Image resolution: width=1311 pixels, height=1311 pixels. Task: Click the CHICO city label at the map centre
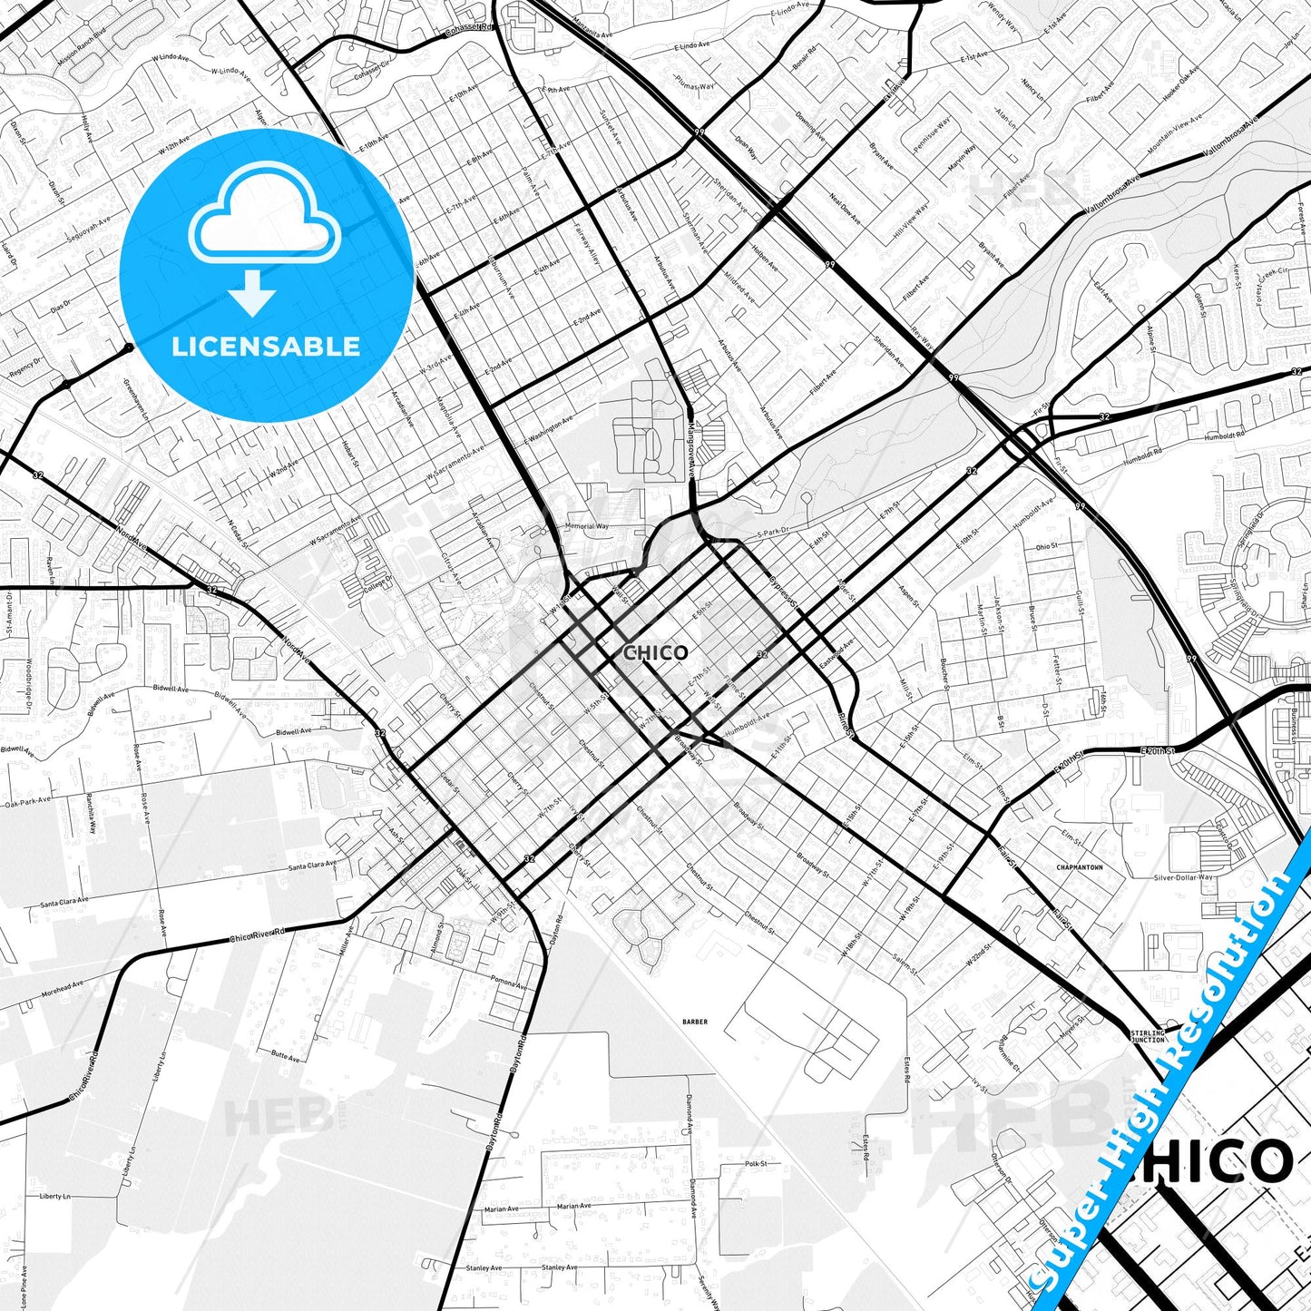tap(656, 652)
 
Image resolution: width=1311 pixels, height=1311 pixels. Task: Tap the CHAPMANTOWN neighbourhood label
tap(1080, 867)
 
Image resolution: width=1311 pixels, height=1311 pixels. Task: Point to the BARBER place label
tap(695, 1022)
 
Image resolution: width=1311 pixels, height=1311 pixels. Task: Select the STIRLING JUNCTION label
tap(1148, 1036)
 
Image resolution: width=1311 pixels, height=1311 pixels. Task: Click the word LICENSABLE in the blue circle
tap(266, 346)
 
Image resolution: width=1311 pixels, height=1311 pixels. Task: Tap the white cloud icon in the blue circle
tap(264, 215)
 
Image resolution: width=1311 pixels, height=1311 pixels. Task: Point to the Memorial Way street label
tap(587, 526)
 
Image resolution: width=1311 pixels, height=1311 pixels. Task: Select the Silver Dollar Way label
tap(1183, 877)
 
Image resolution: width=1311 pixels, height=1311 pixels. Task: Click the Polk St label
tap(756, 1163)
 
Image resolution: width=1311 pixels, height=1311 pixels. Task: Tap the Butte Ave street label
tap(285, 1056)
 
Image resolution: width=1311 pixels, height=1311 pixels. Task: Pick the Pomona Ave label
tap(509, 983)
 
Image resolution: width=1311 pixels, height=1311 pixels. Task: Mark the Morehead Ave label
tap(63, 989)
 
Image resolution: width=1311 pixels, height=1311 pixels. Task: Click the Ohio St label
tap(1046, 547)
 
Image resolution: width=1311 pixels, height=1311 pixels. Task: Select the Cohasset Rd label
tap(468, 29)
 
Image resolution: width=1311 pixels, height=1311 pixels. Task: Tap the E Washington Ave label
tap(551, 429)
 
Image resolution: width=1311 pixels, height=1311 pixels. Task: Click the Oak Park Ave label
tap(28, 802)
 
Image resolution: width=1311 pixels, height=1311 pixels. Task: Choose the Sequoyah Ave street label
tap(88, 231)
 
